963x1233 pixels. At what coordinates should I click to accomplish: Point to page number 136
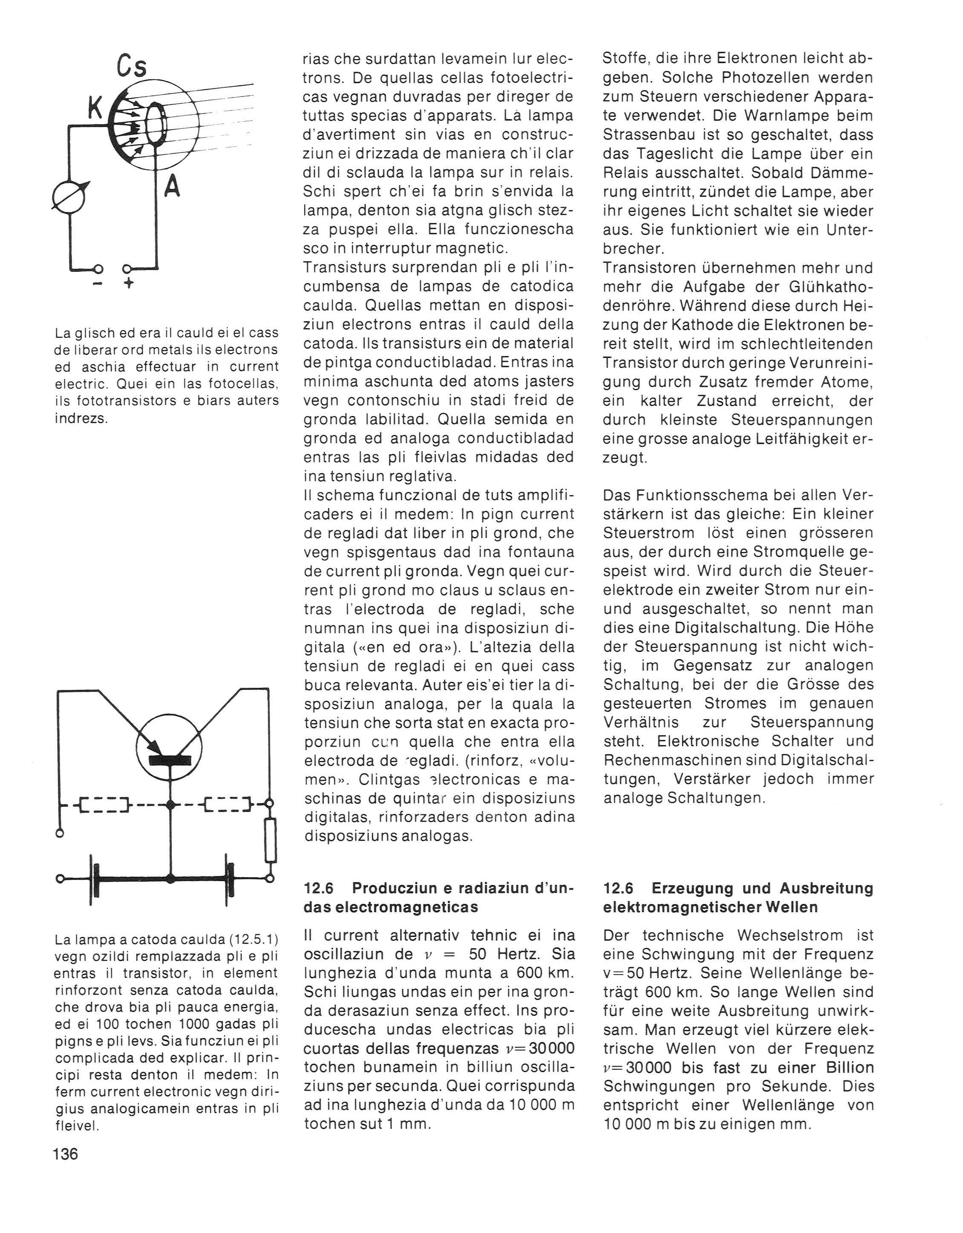66,1154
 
